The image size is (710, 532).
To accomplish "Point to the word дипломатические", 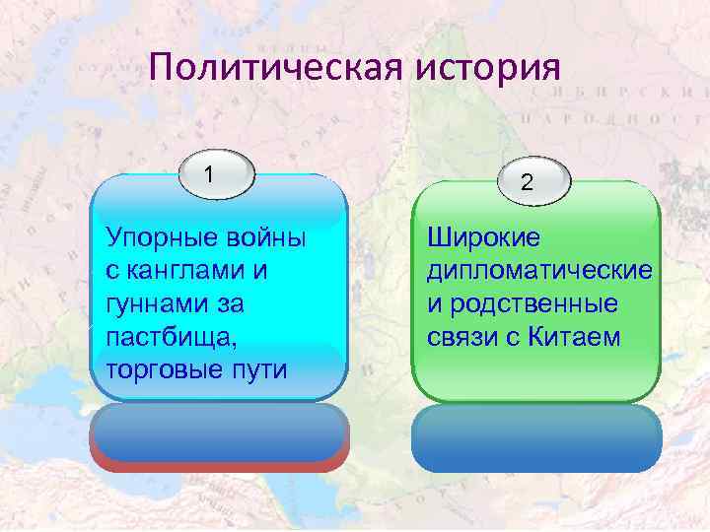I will coord(538,270).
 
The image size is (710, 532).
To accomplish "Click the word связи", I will coord(461,337).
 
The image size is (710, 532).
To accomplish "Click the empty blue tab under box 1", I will coord(218,433).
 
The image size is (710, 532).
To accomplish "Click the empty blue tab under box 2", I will coord(535,436).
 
